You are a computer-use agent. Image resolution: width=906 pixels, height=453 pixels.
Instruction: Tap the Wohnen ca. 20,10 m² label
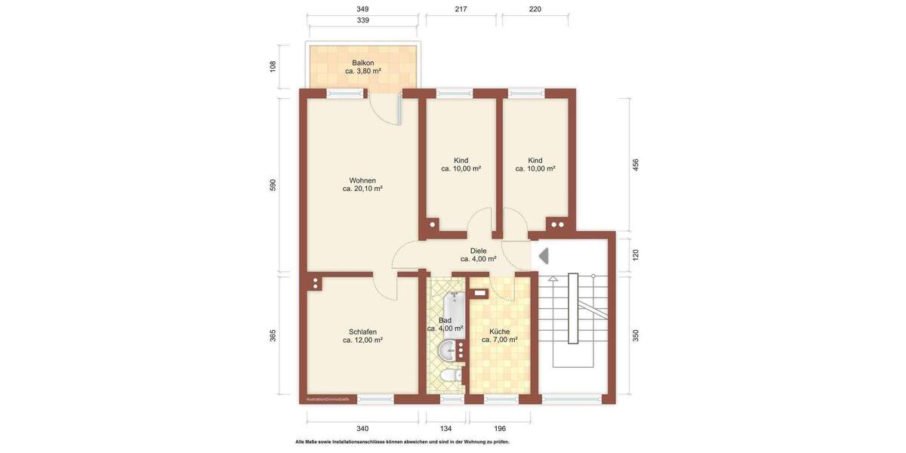362,184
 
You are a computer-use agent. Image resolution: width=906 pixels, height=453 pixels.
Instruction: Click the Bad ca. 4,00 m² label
445,325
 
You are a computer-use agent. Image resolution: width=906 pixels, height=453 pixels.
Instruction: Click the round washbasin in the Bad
448,350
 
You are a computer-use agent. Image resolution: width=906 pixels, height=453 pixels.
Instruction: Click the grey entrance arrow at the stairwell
543,257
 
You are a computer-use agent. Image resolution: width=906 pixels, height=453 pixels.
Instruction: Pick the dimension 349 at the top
362,9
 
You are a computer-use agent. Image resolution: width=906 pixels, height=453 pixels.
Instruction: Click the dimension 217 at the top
461,9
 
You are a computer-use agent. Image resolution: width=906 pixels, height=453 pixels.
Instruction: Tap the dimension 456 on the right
636,164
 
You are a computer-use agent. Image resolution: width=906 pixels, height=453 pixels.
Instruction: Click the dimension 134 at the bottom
445,429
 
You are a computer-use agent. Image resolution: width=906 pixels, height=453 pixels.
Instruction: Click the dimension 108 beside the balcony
273,66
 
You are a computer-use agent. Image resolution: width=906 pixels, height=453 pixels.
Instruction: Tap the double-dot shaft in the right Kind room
558,224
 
